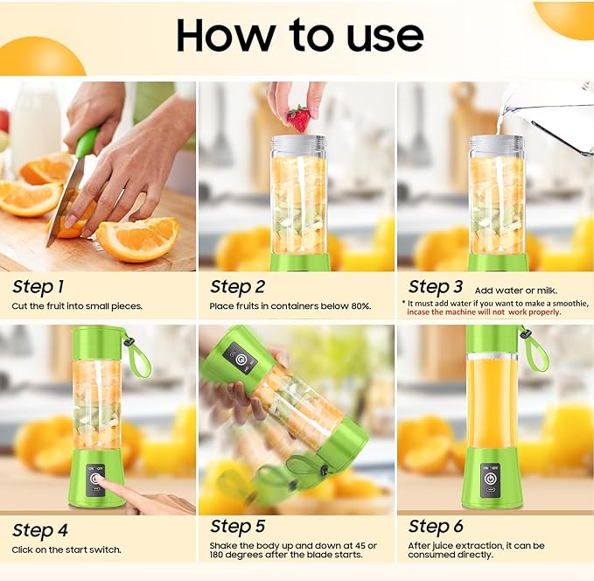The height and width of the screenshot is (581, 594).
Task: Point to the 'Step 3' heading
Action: (x=436, y=286)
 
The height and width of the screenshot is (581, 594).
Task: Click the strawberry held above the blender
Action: (x=298, y=118)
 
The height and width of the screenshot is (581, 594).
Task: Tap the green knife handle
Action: (x=86, y=143)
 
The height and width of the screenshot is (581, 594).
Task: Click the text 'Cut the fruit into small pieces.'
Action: (x=77, y=306)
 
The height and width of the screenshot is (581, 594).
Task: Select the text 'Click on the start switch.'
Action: (x=66, y=549)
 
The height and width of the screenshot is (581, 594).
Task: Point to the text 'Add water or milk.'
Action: (x=515, y=290)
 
